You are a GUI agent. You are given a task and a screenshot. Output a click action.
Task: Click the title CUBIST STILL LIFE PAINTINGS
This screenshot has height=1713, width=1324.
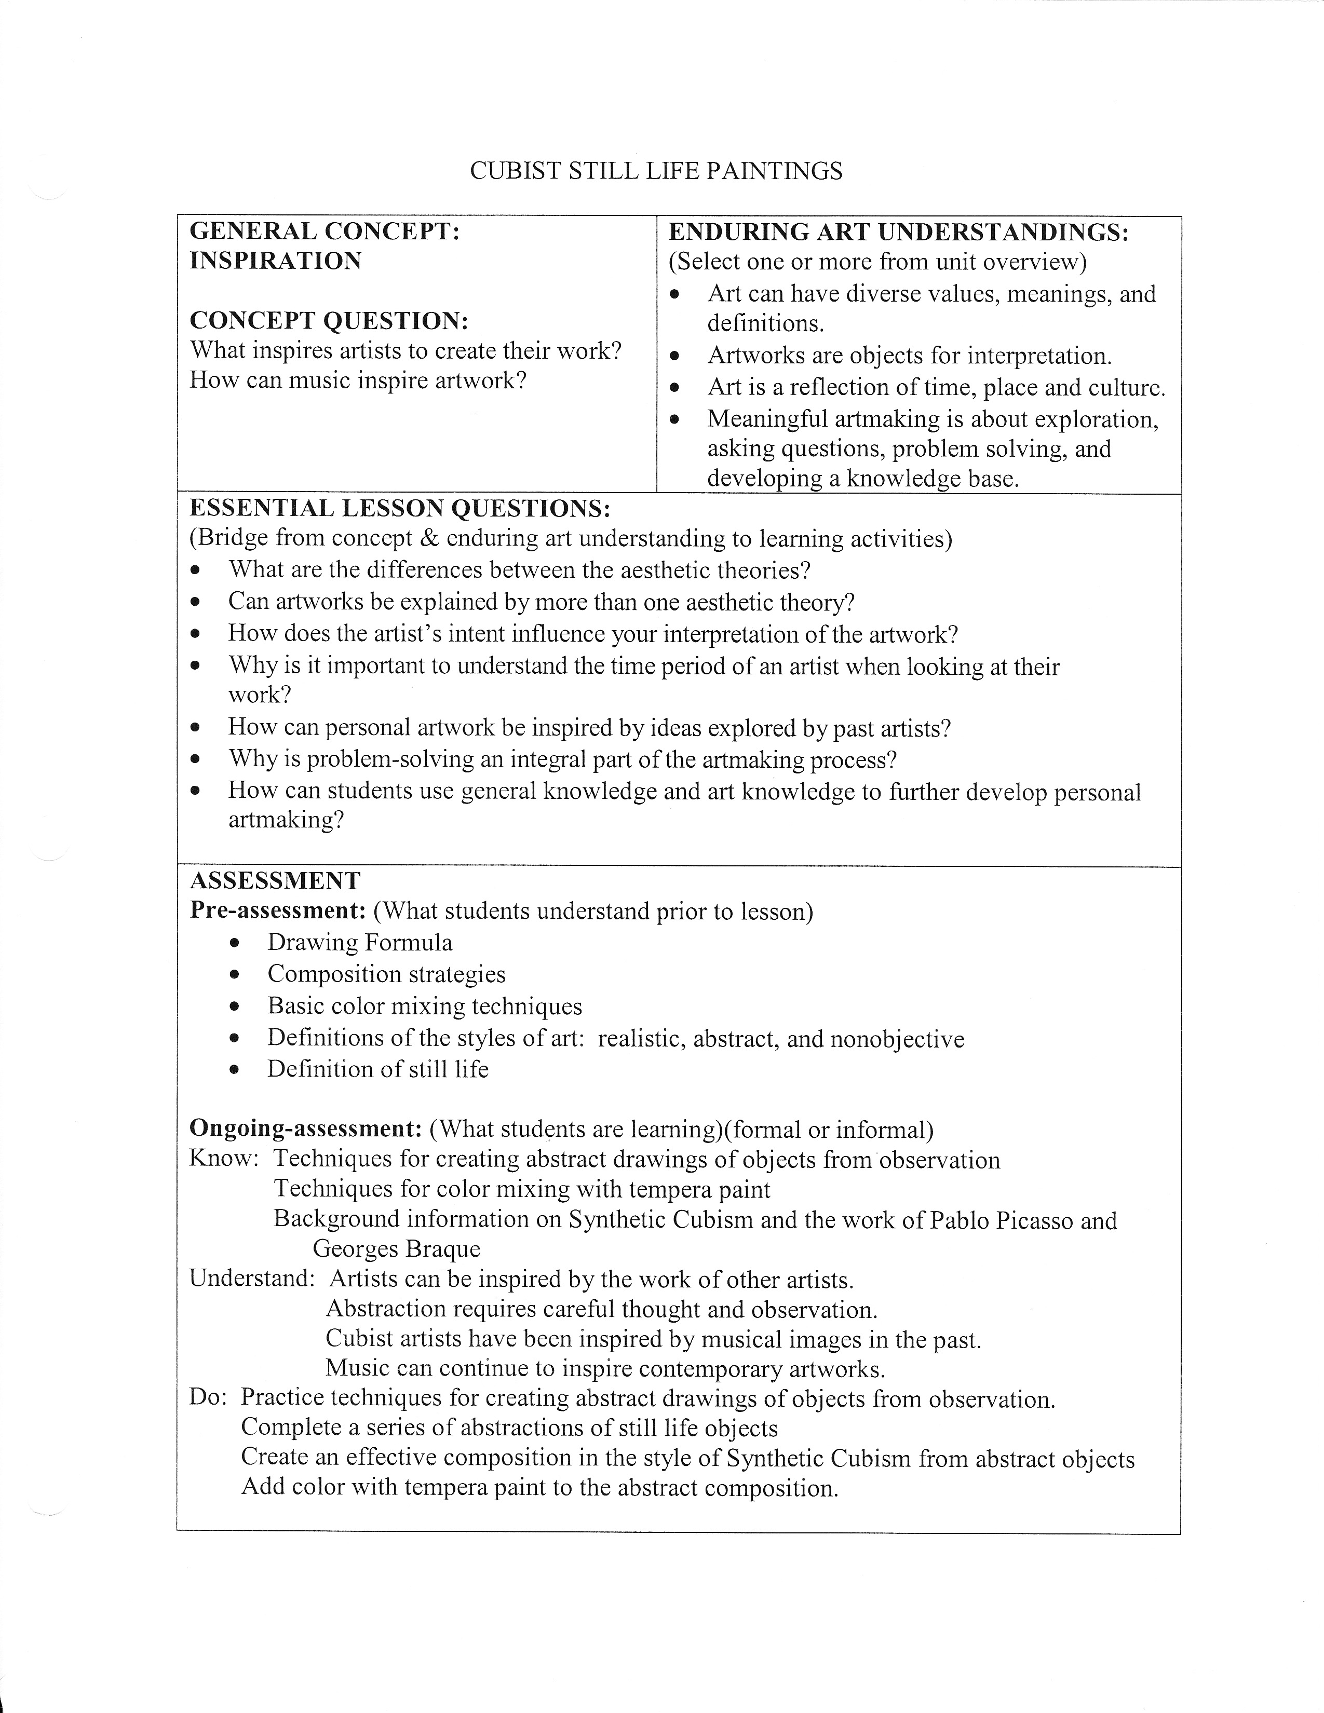(656, 171)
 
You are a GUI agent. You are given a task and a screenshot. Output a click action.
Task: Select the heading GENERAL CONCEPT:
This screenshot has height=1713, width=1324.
(325, 232)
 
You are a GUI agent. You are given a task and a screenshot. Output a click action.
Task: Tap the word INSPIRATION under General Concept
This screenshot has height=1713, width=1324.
(275, 261)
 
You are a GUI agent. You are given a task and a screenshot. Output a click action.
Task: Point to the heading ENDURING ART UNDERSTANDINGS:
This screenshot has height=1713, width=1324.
(898, 232)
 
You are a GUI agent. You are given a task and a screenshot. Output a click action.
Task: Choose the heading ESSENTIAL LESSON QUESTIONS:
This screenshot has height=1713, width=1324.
(400, 508)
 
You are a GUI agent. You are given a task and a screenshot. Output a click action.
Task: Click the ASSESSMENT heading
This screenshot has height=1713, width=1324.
(275, 881)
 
